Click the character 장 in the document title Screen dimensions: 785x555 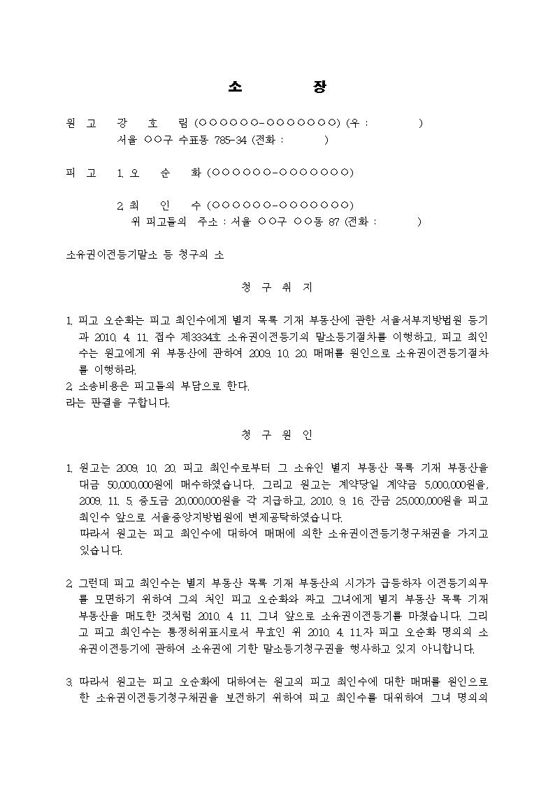point(319,87)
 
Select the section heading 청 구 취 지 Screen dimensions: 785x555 point(277,287)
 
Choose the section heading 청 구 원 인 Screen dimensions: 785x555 point(277,435)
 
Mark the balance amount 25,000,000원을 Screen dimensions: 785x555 point(415,501)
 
